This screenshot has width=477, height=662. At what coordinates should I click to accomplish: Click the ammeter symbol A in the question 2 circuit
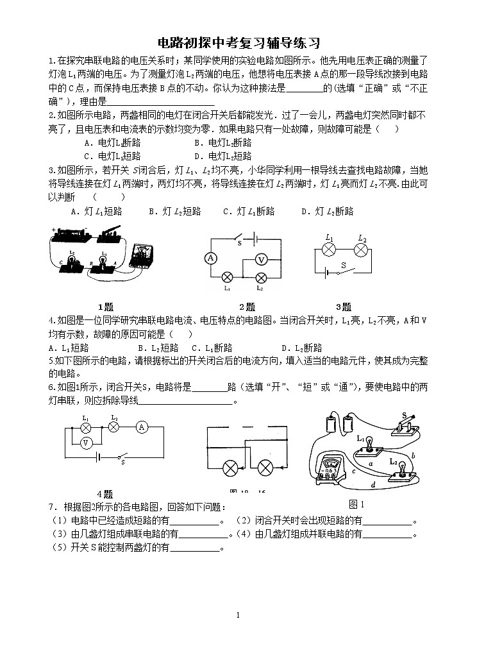[x=208, y=258]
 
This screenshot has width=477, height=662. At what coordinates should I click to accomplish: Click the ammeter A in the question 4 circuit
[x=144, y=427]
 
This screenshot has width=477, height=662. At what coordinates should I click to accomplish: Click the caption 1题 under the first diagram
[x=105, y=307]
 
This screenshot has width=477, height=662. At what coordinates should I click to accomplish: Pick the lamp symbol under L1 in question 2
[x=226, y=278]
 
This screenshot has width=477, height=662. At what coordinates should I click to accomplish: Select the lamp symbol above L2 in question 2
[x=261, y=278]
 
